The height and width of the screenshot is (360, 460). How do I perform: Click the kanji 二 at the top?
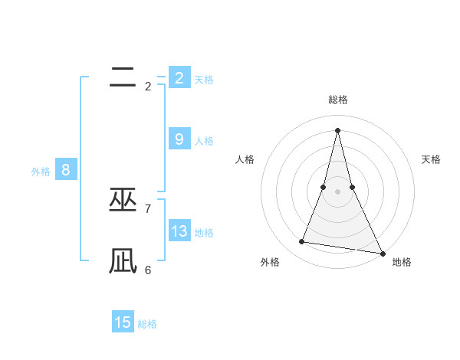pyautogui.click(x=123, y=77)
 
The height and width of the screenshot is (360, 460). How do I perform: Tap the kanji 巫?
pyautogui.click(x=123, y=200)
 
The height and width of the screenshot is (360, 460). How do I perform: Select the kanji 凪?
pyautogui.click(x=123, y=261)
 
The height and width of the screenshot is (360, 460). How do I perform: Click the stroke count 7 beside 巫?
pyautogui.click(x=147, y=208)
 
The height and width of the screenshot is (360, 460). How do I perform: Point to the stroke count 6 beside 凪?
pyautogui.click(x=147, y=270)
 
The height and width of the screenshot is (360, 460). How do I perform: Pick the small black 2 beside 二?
pyautogui.click(x=147, y=87)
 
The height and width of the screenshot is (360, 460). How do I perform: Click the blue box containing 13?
pyautogui.click(x=179, y=231)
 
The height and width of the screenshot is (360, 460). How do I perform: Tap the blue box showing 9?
pyautogui.click(x=179, y=139)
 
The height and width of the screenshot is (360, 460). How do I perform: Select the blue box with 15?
pyautogui.click(x=123, y=322)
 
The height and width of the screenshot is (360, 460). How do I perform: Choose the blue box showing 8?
pyautogui.click(x=66, y=170)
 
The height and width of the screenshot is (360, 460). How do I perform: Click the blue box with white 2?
pyautogui.click(x=179, y=77)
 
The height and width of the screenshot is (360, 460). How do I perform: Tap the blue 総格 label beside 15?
pyautogui.click(x=147, y=324)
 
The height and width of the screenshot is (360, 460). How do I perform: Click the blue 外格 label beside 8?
pyautogui.click(x=41, y=172)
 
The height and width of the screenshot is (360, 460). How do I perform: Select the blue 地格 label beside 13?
pyautogui.click(x=204, y=233)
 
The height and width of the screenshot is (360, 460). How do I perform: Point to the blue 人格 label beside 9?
pyautogui.click(x=204, y=141)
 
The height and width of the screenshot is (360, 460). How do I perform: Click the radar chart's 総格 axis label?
pyautogui.click(x=337, y=100)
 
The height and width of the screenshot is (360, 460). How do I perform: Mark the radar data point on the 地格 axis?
pyautogui.click(x=381, y=253)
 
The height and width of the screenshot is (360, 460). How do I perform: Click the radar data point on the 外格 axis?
pyautogui.click(x=302, y=242)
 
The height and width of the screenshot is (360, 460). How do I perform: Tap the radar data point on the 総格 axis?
pyautogui.click(x=337, y=129)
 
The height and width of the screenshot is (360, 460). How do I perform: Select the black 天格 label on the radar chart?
pyautogui.click(x=431, y=159)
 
